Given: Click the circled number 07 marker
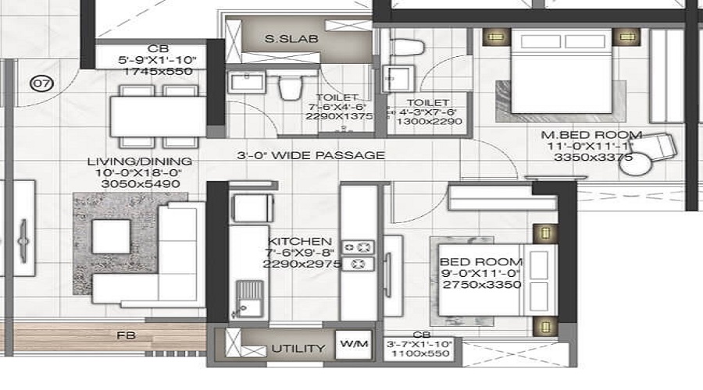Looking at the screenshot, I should point(41,81).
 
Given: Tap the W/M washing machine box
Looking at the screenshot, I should point(350,342).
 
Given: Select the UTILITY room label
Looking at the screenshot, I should point(298,348).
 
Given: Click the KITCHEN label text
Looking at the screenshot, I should point(300,242).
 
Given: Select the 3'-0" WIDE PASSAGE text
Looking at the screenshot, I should point(311,155).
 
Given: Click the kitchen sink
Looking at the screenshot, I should point(249,300).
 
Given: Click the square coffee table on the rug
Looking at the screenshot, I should point(110,233).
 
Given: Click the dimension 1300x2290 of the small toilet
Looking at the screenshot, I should point(430,122).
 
